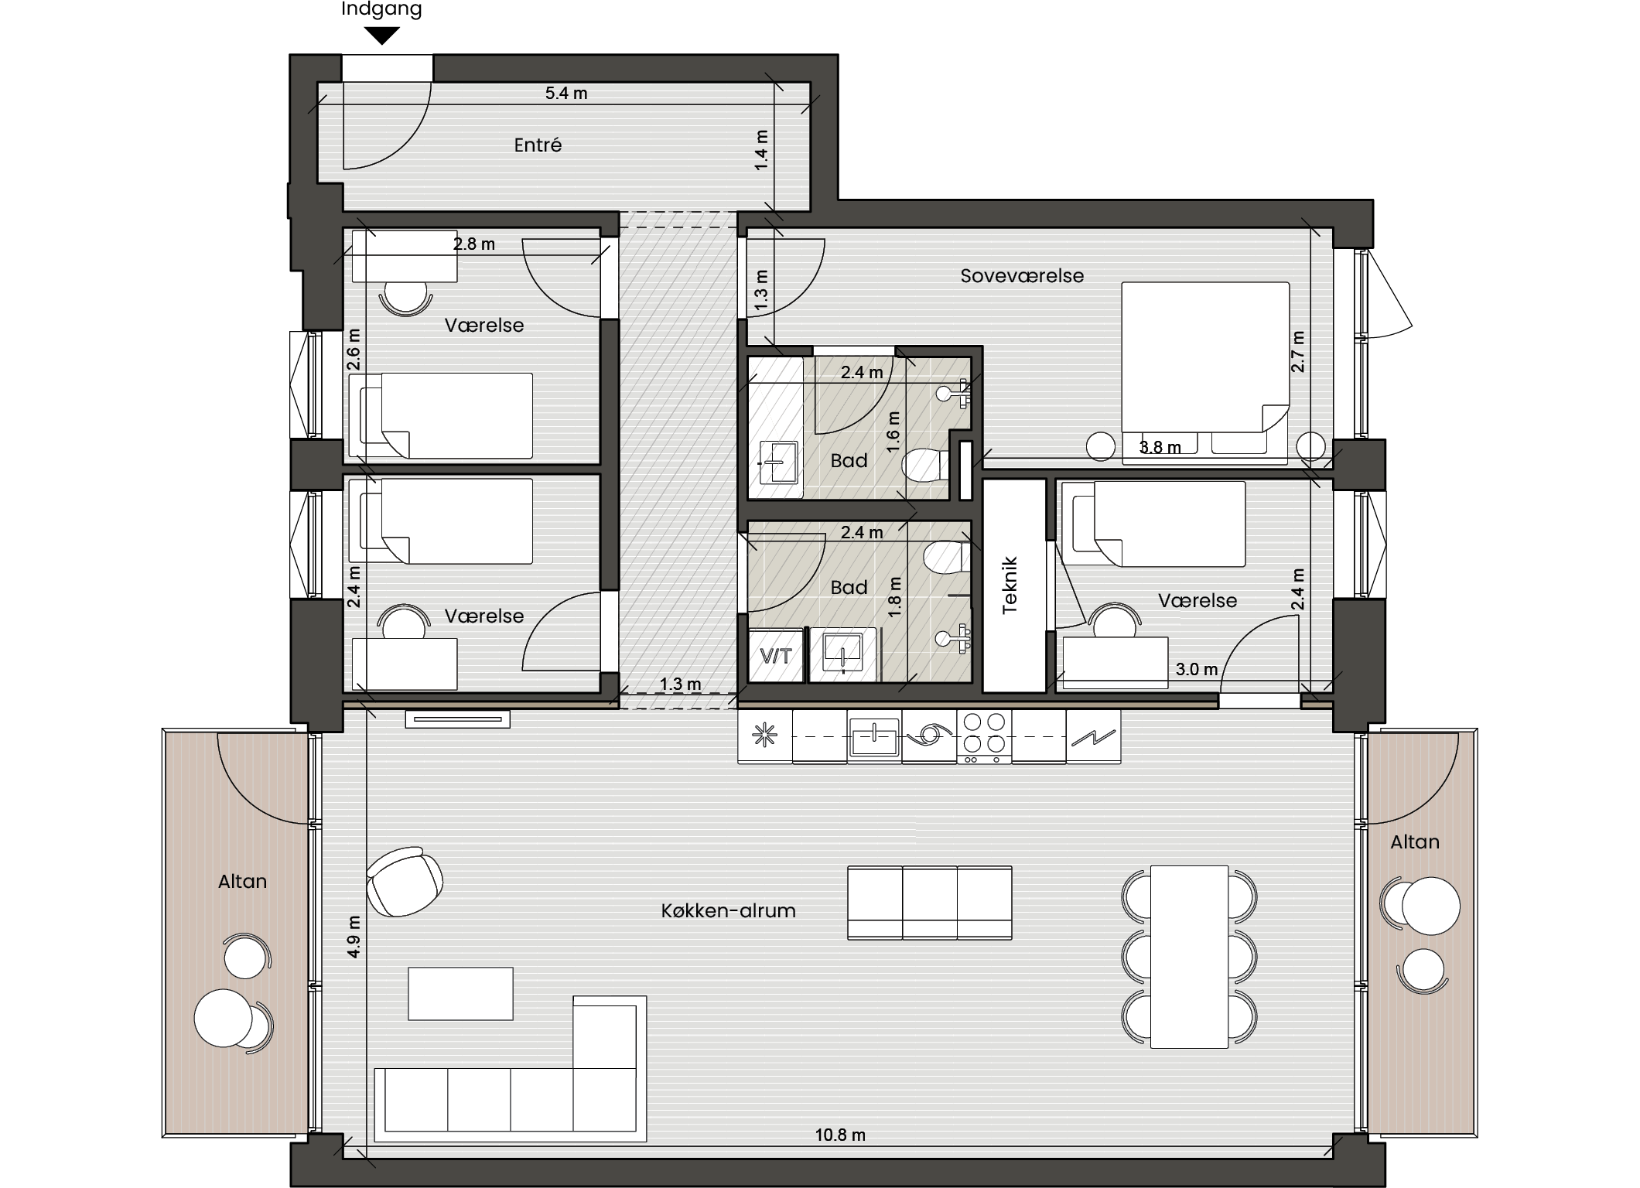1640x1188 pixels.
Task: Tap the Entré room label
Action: pos(538,145)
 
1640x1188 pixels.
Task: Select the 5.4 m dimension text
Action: pos(566,94)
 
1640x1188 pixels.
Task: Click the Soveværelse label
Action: pos(1022,276)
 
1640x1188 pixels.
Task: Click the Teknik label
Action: pos(1010,585)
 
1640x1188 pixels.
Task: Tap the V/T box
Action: pos(776,656)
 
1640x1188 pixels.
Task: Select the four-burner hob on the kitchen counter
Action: pos(984,736)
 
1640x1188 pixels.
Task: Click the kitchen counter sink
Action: pos(874,736)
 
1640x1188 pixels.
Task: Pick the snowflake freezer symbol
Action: pos(765,736)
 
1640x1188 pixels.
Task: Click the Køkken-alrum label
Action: pos(728,911)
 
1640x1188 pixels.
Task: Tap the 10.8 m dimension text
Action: pos(840,1135)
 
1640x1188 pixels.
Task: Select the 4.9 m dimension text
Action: pos(354,937)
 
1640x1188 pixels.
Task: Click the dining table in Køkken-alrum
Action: pos(1189,957)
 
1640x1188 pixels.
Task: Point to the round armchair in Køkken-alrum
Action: pos(405,881)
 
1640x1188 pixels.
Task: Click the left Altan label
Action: pos(242,882)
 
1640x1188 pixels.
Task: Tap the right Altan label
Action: pos(1415,842)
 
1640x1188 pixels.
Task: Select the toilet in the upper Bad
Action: pos(926,465)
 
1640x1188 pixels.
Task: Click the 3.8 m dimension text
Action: pos(1160,448)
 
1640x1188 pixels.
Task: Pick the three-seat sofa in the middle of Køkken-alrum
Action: pos(930,903)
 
